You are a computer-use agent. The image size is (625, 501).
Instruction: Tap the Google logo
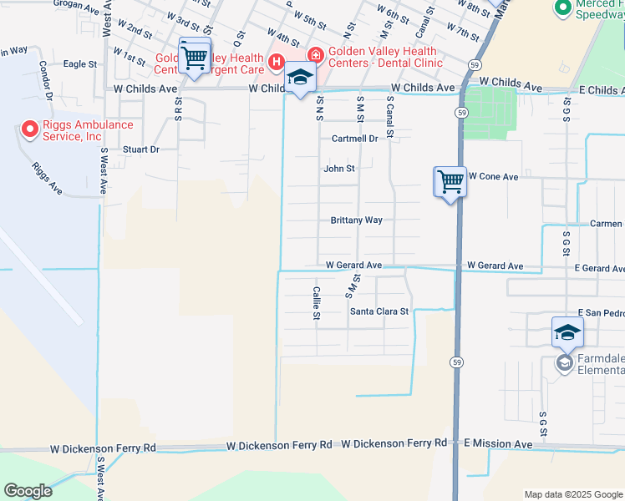click(x=28, y=490)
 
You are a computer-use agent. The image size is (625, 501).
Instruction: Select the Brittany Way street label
click(x=356, y=220)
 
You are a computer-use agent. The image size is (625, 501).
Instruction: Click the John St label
click(x=339, y=169)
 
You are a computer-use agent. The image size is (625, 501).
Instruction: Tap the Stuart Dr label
click(x=140, y=149)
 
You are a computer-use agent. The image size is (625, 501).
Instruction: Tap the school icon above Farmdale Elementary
click(x=567, y=333)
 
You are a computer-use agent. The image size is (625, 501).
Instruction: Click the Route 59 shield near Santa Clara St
click(x=456, y=362)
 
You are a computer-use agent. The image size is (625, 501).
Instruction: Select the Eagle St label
click(x=80, y=63)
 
